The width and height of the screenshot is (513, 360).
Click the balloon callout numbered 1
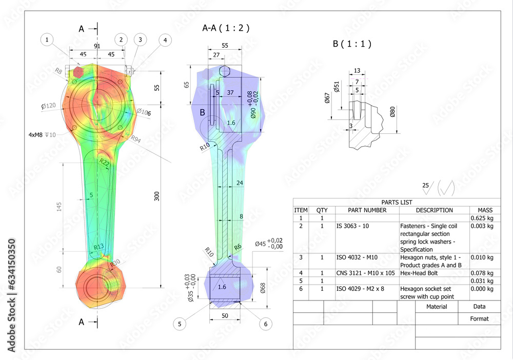(x=47, y=39)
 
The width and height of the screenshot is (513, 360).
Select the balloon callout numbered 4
(x=165, y=39)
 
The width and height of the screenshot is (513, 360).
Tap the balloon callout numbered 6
(x=265, y=324)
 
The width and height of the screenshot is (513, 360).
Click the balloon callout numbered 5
(x=180, y=324)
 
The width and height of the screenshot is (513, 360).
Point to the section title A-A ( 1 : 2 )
(x=226, y=29)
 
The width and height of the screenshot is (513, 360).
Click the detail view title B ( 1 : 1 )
(x=352, y=44)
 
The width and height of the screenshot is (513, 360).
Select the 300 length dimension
(x=157, y=196)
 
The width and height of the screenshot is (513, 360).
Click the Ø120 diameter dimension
(x=49, y=106)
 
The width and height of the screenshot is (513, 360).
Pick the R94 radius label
(x=136, y=138)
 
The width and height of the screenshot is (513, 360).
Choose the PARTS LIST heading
(x=397, y=202)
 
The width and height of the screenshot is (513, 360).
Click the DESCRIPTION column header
(x=434, y=210)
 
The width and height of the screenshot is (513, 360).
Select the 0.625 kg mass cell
(x=482, y=218)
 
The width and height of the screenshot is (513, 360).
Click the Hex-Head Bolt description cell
(x=418, y=273)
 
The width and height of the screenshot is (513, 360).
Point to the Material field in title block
(x=437, y=307)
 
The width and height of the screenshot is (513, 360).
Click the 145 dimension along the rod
(x=59, y=207)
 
